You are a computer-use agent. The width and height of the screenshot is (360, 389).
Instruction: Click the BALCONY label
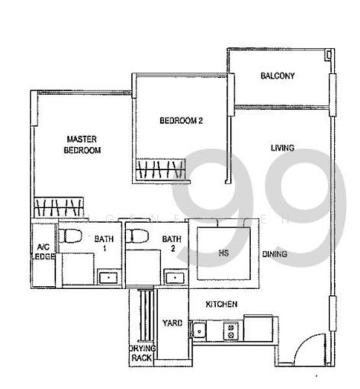point(278,76)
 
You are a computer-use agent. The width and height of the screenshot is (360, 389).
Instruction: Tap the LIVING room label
point(282,148)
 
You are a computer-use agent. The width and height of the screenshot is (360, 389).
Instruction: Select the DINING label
point(274,254)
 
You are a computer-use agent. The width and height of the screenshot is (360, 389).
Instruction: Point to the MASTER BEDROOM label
point(82,144)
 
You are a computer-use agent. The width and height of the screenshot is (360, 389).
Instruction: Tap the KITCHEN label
point(221,304)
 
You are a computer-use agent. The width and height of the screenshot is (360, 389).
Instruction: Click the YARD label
point(172,323)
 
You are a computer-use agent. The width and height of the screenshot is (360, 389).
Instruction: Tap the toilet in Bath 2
point(138,235)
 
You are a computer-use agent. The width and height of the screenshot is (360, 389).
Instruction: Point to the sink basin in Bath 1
point(108,278)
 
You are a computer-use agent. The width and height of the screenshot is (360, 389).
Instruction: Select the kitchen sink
point(199,331)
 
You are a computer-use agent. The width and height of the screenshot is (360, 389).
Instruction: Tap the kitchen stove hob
point(231,331)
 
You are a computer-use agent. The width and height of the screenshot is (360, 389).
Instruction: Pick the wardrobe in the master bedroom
point(58,208)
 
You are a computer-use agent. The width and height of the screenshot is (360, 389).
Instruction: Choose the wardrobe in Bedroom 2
point(162,171)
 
